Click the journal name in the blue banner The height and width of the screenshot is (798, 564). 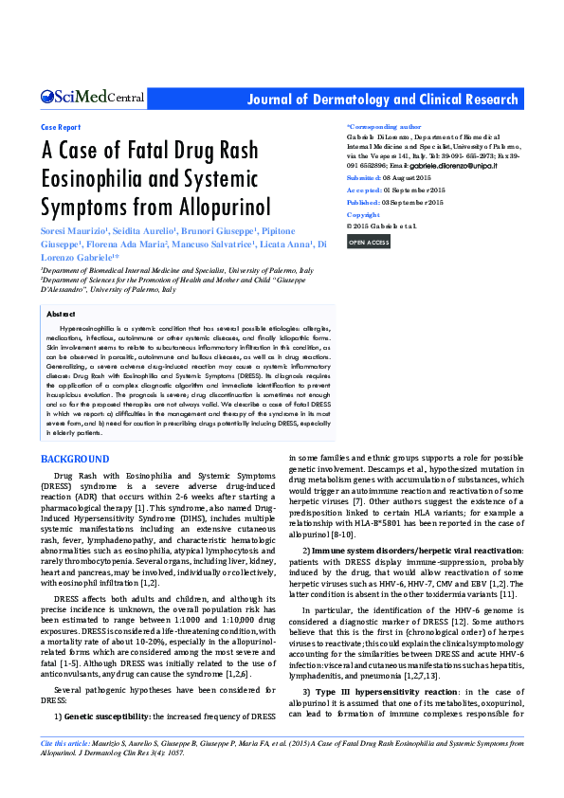coord(382,100)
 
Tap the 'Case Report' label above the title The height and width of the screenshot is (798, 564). coord(62,126)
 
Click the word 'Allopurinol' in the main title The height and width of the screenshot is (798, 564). coord(223,206)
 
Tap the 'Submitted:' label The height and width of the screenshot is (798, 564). coord(364,177)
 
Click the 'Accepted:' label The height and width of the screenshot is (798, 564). coord(363,190)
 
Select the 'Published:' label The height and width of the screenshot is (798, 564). coord(364,203)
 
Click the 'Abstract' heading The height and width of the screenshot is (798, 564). coord(61,313)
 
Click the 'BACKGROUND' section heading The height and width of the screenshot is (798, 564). coord(76,460)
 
